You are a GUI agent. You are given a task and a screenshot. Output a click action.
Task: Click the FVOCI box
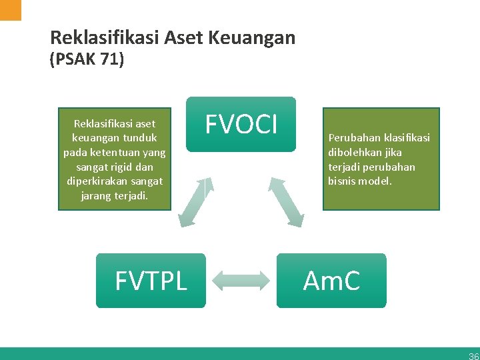240,125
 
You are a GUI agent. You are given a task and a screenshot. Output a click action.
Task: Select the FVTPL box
151,281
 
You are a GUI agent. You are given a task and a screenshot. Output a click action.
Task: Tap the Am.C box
331,281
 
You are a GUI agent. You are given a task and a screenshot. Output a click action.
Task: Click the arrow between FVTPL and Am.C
241,281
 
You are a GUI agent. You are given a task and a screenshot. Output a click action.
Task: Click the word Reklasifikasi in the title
103,38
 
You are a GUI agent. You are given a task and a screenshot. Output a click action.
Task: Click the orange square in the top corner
11,10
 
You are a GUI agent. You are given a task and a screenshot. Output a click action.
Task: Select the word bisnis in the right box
341,181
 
